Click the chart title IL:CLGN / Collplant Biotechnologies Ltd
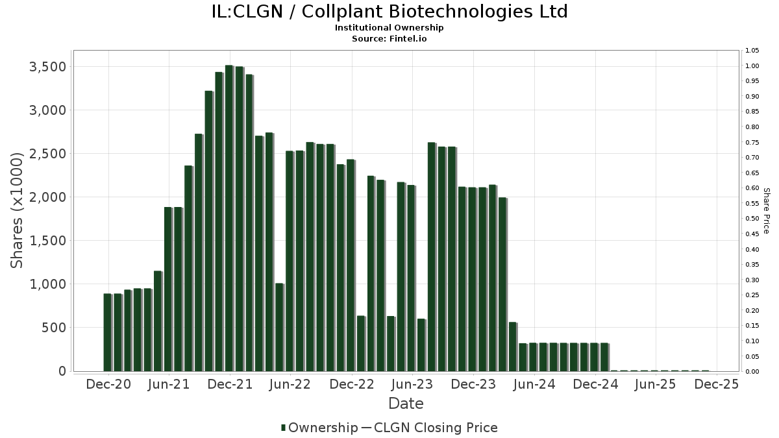click(389, 12)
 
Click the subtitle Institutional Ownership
click(389, 28)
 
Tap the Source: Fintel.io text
click(389, 38)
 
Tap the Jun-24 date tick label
click(534, 384)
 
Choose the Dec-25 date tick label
click(717, 384)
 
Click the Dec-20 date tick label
click(108, 384)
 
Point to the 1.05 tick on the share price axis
click(752, 51)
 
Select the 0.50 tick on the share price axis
click(752, 219)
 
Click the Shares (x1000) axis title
click(18, 210)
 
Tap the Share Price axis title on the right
click(766, 210)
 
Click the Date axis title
click(406, 404)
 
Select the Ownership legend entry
click(319, 428)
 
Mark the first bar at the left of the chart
click(108, 332)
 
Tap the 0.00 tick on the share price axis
click(752, 371)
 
